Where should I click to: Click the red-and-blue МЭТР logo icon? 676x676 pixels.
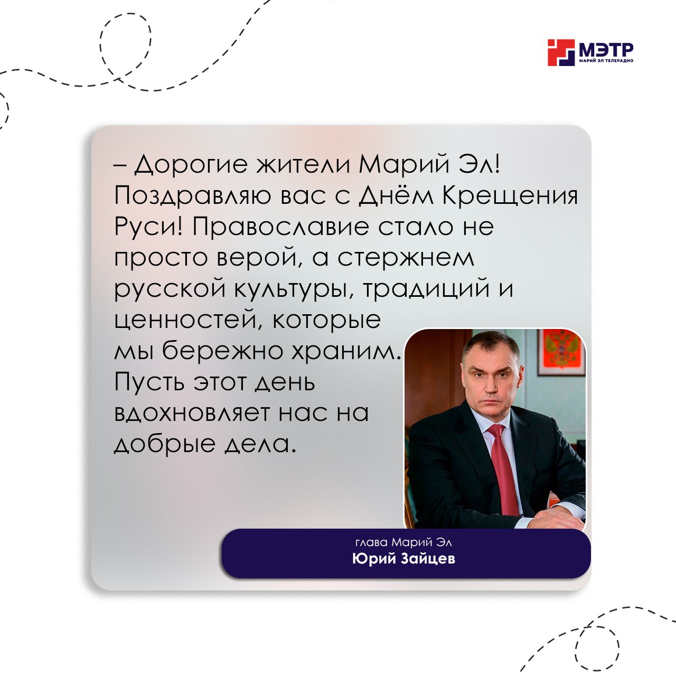(561, 52)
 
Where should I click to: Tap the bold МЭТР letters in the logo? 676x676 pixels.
(605, 50)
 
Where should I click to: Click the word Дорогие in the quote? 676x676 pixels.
(191, 165)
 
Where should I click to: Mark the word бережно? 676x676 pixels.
(222, 351)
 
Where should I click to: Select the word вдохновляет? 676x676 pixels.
(192, 413)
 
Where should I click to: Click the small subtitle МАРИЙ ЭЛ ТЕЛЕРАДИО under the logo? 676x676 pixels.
(606, 61)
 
